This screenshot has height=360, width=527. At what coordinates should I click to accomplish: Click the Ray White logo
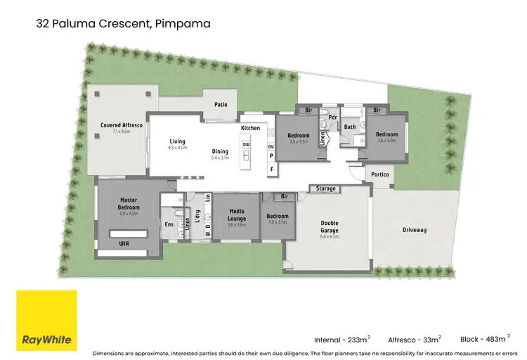click(46, 320)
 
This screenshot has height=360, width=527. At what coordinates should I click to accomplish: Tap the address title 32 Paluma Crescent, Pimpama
click(123, 24)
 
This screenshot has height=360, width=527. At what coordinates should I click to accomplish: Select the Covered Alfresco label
click(117, 124)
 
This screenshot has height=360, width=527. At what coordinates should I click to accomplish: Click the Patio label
click(221, 105)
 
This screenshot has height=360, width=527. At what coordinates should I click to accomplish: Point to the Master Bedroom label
click(129, 205)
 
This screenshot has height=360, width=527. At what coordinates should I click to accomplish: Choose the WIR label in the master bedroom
click(124, 243)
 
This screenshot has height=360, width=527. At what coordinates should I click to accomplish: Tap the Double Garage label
click(330, 227)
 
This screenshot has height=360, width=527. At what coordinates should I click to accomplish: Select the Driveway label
click(415, 230)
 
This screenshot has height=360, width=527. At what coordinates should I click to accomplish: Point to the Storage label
click(326, 188)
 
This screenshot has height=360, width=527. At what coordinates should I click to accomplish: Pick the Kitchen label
click(251, 129)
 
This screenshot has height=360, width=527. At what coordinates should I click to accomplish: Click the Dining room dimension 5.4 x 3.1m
click(220, 157)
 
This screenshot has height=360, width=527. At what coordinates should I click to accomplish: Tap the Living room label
click(177, 142)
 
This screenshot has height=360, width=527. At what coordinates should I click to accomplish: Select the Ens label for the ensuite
click(169, 224)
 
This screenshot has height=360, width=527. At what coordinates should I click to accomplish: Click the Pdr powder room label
click(333, 117)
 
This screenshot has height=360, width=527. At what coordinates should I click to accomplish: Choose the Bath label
click(349, 127)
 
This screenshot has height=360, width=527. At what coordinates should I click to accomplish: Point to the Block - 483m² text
click(484, 338)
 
